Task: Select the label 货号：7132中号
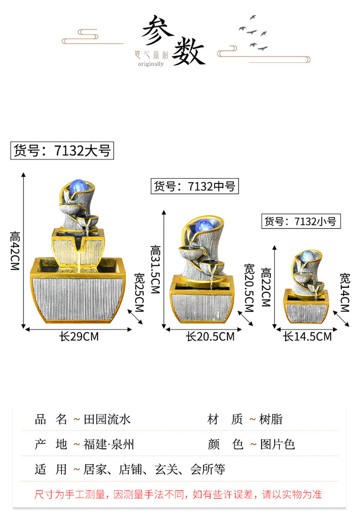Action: [194, 186]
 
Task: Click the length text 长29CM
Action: [79, 337]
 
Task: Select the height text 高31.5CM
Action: [156, 269]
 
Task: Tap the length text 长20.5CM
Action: [210, 337]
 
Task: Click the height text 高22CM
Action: [266, 287]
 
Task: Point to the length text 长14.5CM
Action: [308, 337]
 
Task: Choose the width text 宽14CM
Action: [345, 292]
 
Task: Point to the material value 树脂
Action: [271, 420]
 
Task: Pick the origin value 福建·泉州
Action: [108, 444]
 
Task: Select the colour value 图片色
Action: [277, 444]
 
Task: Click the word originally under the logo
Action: [151, 64]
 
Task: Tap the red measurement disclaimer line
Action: [178, 494]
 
